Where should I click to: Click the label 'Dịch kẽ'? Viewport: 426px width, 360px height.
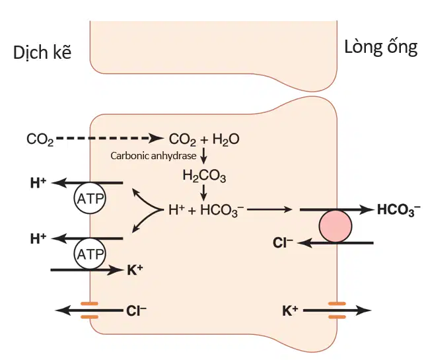point(42,52)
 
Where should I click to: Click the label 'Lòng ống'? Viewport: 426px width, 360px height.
point(381,48)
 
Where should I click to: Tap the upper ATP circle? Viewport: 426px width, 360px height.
point(90,198)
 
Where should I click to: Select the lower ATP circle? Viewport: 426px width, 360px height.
point(90,254)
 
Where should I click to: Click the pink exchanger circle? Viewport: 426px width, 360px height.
point(336,226)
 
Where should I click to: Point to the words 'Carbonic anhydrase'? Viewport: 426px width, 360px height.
point(153,156)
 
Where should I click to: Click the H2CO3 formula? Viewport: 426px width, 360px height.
point(204,176)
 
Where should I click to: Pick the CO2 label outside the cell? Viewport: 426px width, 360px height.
point(40,139)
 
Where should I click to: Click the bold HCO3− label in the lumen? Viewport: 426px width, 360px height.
point(399,210)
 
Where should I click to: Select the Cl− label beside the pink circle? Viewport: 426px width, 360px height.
point(283,242)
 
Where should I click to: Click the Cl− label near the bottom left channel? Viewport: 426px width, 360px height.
point(136,310)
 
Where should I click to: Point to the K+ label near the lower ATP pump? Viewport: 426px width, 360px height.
point(135,270)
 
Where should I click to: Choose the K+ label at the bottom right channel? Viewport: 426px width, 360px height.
point(291,310)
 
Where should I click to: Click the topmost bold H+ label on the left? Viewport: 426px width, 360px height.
point(38,183)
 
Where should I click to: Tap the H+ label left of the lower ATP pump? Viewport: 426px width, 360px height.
point(38,238)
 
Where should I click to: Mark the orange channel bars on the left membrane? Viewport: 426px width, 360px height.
point(89,310)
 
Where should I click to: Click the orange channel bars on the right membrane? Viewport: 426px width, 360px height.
point(337,310)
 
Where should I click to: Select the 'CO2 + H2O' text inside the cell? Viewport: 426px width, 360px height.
point(204,139)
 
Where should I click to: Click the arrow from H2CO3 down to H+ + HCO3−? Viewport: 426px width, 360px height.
point(204,193)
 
